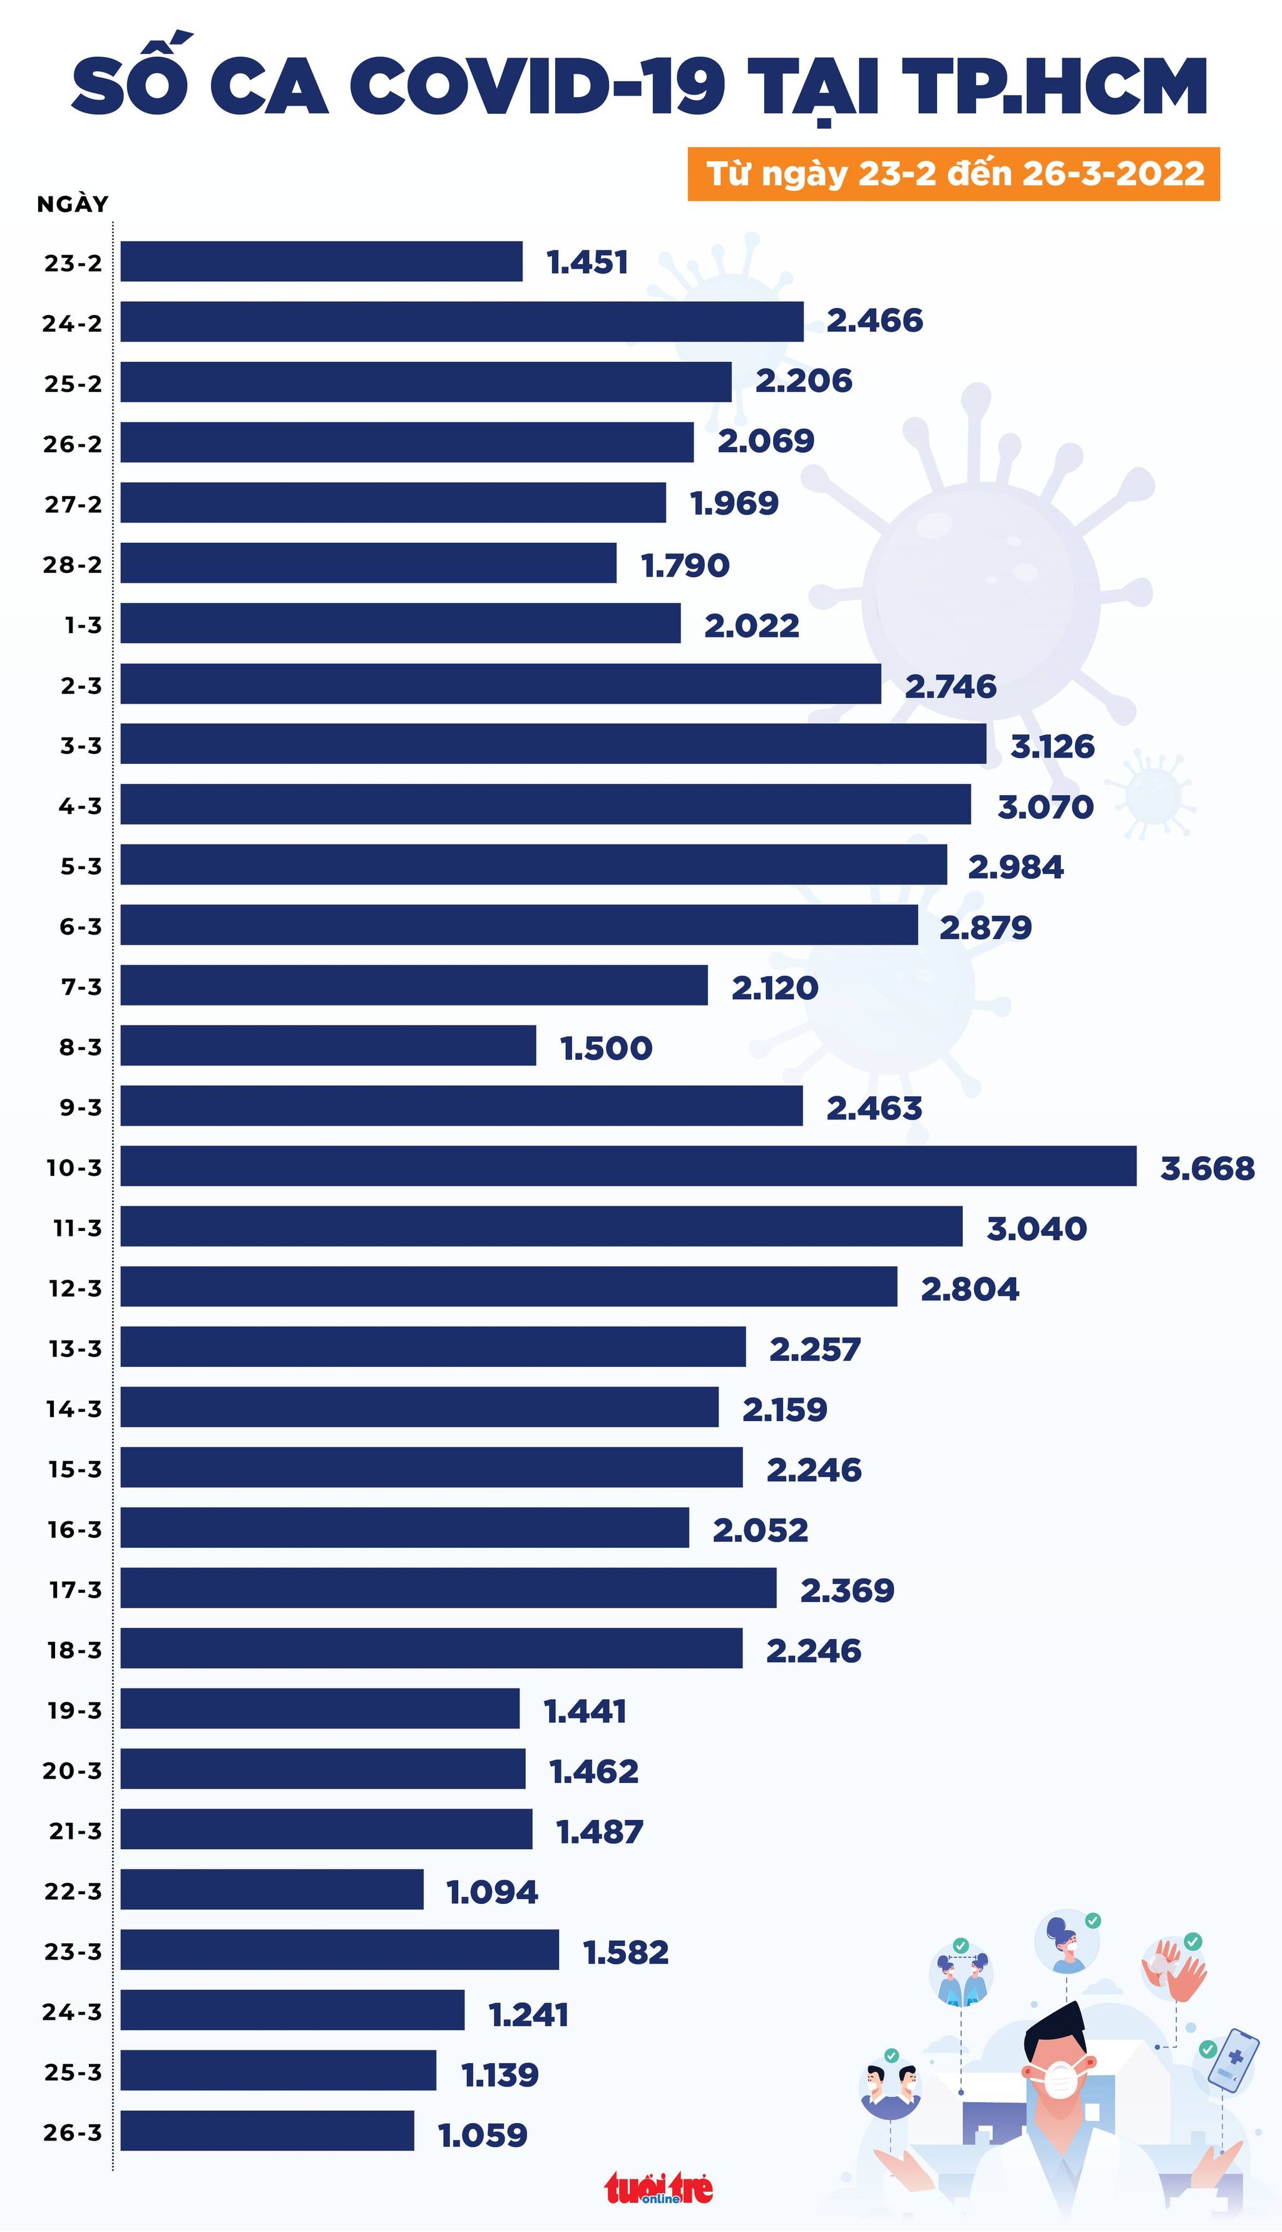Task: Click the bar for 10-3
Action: pyautogui.click(x=628, y=1166)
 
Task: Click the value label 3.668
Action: pyautogui.click(x=1206, y=1168)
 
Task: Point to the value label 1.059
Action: pyautogui.click(x=483, y=2135)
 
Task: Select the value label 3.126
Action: pyautogui.click(x=1052, y=747)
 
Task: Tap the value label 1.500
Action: pyautogui.click(x=606, y=1048)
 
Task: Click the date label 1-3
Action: pyautogui.click(x=83, y=625)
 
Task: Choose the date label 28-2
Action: pyautogui.click(x=72, y=564)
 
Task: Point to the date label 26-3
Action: pyautogui.click(x=72, y=2132)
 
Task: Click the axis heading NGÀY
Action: pyautogui.click(x=72, y=204)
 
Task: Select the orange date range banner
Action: pyautogui.click(x=953, y=173)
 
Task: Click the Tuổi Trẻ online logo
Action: pyautogui.click(x=659, y=2188)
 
